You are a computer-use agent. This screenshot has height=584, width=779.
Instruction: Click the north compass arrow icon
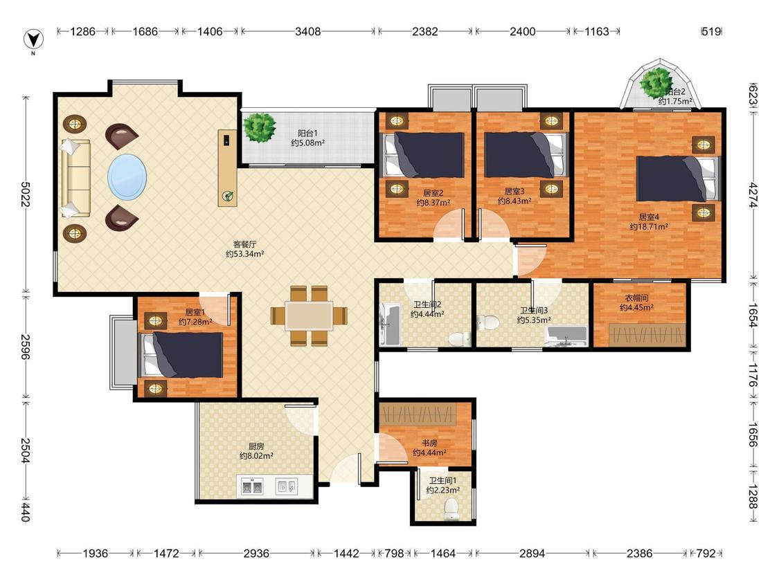(34, 39)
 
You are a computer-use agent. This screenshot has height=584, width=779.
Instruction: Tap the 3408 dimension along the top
(308, 31)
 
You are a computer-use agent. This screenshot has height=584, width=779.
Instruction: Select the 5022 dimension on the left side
(26, 194)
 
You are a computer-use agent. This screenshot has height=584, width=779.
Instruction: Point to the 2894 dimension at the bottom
(532, 553)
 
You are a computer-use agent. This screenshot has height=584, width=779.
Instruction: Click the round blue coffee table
(127, 176)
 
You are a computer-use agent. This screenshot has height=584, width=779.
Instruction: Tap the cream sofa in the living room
(75, 179)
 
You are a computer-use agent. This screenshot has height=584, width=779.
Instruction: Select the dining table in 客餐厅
(309, 316)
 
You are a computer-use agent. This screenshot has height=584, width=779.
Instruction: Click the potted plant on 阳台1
(260, 127)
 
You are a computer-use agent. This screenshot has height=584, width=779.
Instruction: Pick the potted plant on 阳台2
(657, 84)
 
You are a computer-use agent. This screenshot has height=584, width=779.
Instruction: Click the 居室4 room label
(649, 217)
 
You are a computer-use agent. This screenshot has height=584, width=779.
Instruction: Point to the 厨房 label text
(256, 446)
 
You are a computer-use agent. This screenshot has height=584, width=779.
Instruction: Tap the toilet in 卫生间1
(451, 509)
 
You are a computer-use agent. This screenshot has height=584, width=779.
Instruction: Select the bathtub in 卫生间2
(390, 325)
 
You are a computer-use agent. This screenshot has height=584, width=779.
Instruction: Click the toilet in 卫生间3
(488, 322)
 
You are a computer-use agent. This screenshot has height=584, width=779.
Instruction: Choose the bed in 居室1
(182, 355)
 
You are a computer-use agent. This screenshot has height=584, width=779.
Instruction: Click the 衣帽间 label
(636, 298)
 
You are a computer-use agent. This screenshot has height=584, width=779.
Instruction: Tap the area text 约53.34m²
(245, 254)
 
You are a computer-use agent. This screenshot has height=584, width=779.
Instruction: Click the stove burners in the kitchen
(252, 486)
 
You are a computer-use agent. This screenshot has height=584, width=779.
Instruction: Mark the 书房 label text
(429, 443)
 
